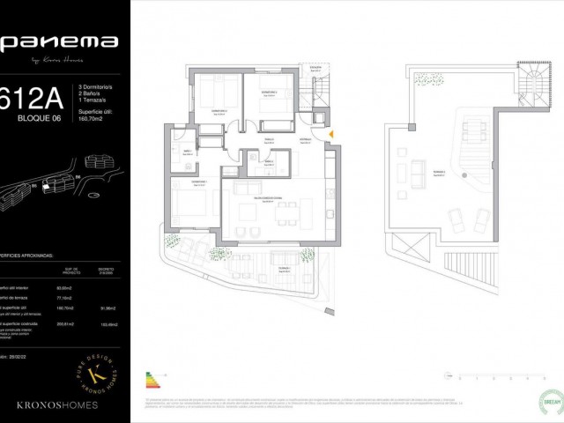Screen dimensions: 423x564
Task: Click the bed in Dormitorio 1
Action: coord(189,207)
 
